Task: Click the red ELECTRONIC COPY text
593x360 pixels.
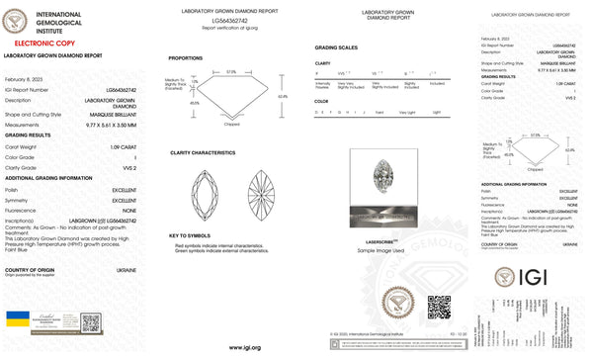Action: pos(35,45)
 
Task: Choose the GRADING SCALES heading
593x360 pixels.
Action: pos(335,47)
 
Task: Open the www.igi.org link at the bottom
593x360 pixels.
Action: pos(243,348)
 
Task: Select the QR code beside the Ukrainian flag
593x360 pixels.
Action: pos(91,323)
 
